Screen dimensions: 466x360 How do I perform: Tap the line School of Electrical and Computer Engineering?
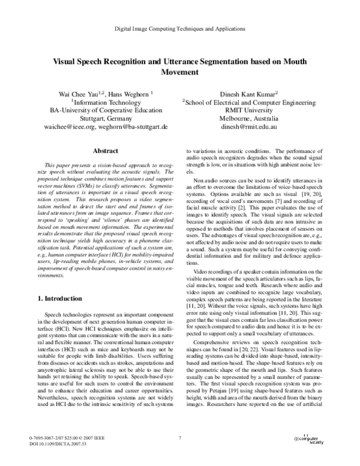251,102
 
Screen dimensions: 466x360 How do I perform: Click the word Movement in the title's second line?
181,72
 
